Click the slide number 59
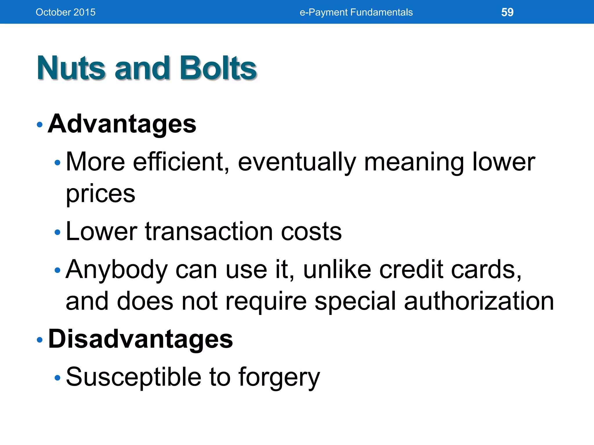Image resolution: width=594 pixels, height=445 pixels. [x=507, y=12]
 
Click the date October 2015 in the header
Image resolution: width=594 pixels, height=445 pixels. [x=66, y=12]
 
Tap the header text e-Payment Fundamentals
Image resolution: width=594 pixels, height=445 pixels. [x=356, y=12]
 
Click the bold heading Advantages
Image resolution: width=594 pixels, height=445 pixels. [x=122, y=124]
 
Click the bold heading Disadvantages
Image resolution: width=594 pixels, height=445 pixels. [x=140, y=339]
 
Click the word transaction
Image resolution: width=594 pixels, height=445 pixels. [x=209, y=231]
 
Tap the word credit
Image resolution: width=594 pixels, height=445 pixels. [x=411, y=269]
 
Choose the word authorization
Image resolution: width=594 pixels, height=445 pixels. [x=479, y=302]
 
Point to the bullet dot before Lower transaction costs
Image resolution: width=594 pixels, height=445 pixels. [x=57, y=232]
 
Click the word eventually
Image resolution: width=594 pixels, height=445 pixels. [x=297, y=162]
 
